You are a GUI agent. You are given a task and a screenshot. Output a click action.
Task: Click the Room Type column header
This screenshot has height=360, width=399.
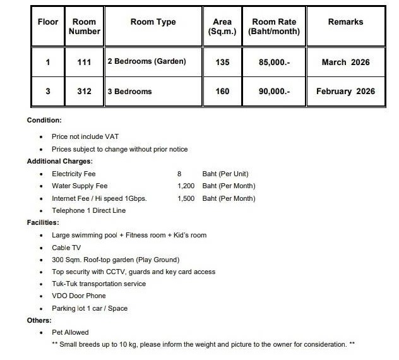pos(153,22)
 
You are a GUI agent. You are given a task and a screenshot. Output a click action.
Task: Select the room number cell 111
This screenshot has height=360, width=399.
pos(84,63)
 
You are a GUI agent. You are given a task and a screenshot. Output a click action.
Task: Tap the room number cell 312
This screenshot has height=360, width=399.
pos(84,92)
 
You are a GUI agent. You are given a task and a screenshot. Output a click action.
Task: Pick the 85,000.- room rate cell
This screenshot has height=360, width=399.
pos(274,63)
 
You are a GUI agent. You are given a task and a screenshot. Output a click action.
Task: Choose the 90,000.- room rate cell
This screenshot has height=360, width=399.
pos(274,92)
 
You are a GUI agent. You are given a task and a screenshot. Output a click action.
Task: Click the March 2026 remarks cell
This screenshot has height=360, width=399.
pos(345,63)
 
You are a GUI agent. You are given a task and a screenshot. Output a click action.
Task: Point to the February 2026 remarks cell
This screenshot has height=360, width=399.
pos(345,92)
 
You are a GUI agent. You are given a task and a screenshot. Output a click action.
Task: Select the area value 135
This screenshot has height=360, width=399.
pos(222,63)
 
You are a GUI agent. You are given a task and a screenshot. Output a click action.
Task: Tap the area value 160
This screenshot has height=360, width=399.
pos(222,92)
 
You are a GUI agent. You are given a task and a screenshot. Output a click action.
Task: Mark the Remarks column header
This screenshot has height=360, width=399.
pos(345,22)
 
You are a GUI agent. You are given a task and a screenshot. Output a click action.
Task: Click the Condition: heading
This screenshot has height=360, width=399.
pos(44,120)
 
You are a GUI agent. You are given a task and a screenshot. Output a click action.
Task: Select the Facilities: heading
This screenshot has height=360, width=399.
pos(43,222)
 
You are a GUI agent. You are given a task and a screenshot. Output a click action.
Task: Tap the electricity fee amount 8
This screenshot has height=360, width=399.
pos(179,174)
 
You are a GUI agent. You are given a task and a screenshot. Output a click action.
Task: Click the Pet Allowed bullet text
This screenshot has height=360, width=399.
pos(70,332)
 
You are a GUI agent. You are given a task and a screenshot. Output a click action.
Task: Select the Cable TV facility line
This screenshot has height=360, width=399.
pos(66,248)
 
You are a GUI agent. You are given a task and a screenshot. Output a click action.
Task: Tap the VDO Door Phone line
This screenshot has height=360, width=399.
pos(78,296)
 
